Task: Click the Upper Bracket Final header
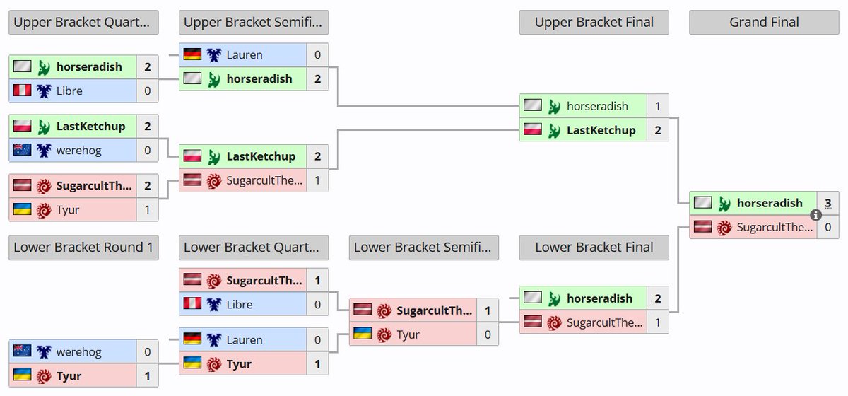click(x=594, y=23)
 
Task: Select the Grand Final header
click(x=764, y=23)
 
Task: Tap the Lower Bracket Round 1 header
click(x=83, y=248)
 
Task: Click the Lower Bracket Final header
click(x=594, y=248)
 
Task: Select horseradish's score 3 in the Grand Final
click(x=828, y=203)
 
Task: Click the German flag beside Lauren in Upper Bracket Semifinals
click(x=192, y=54)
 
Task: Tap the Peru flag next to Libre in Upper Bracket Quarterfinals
click(x=23, y=91)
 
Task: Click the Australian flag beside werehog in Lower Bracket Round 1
click(x=23, y=352)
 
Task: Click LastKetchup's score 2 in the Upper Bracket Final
click(x=657, y=130)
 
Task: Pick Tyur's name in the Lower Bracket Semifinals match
click(x=408, y=334)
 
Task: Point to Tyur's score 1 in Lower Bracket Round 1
click(x=147, y=376)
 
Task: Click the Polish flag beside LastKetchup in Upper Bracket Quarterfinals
click(x=23, y=127)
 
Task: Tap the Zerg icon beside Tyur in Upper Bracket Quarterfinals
click(x=44, y=210)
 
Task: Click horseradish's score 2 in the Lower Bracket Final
click(x=657, y=298)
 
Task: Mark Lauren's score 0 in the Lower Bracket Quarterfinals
click(x=317, y=340)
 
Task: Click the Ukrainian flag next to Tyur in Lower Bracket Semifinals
click(x=363, y=334)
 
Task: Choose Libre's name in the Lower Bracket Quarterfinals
click(x=240, y=305)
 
